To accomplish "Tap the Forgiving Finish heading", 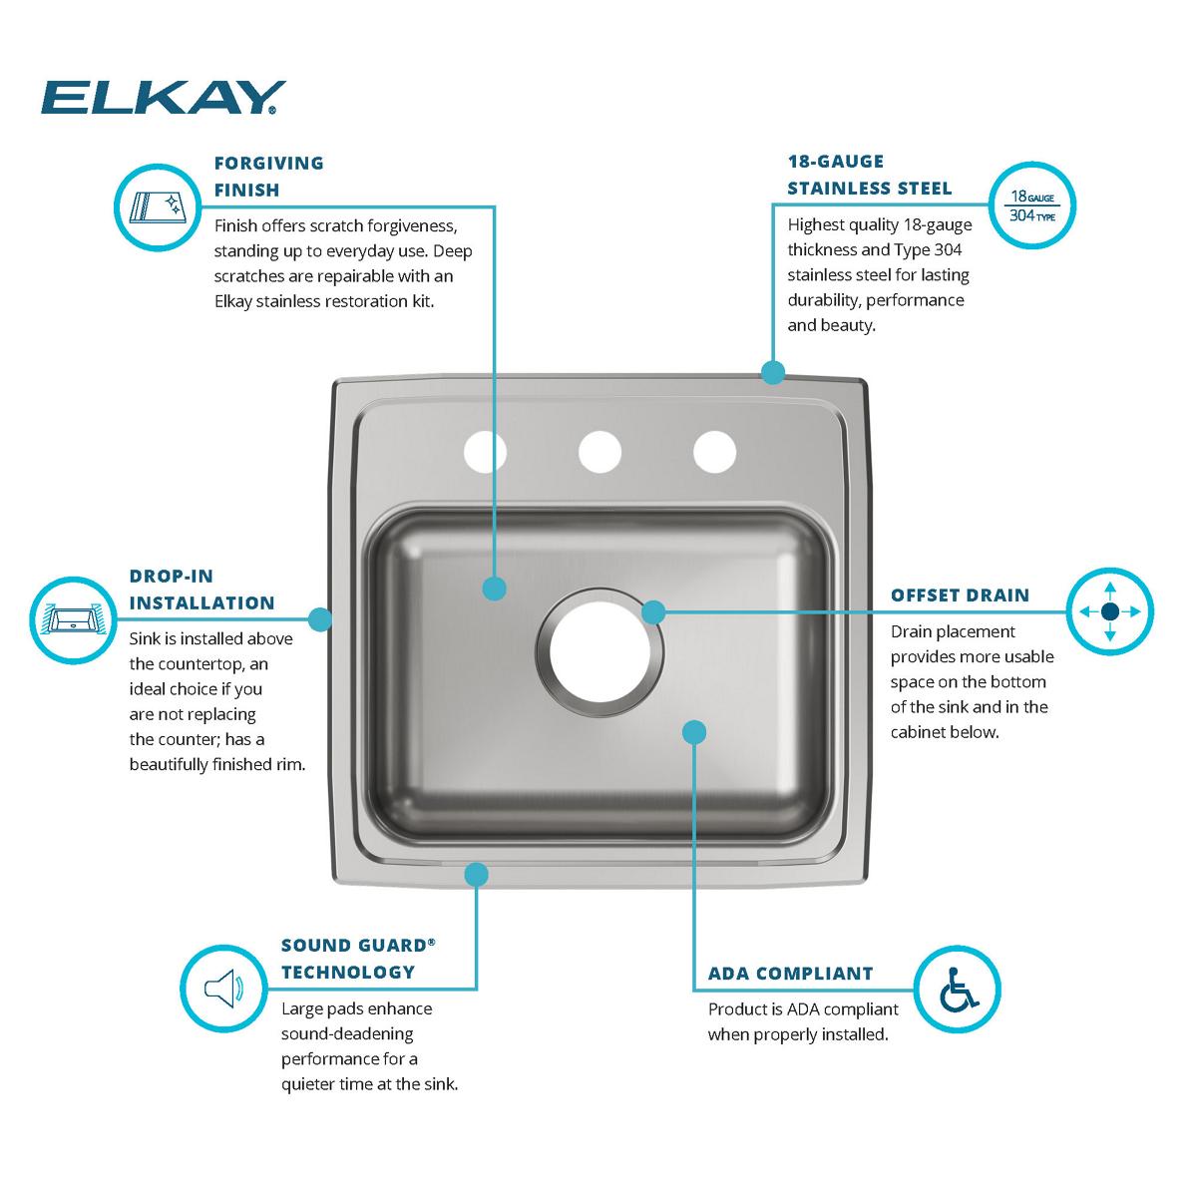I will coord(268,176).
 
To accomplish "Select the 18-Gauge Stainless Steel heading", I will coord(869,175).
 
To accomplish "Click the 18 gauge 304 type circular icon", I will coord(1032,204).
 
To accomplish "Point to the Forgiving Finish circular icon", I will coord(157,206).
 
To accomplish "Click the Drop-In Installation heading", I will coord(201,590).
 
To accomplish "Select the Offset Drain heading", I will coord(960,596).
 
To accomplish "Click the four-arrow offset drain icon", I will coord(1110,611).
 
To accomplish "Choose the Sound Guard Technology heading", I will coord(358,958).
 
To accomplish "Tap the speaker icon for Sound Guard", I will coord(223,989).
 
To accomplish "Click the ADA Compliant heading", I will coord(790,974).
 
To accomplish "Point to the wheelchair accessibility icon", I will coord(958,989).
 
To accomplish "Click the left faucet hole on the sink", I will coord(485,452).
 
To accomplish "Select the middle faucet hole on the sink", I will coord(599,452).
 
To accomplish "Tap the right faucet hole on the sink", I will coord(715,452).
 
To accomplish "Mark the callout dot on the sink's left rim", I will coord(319,619).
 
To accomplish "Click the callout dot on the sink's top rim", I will coord(772,373).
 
